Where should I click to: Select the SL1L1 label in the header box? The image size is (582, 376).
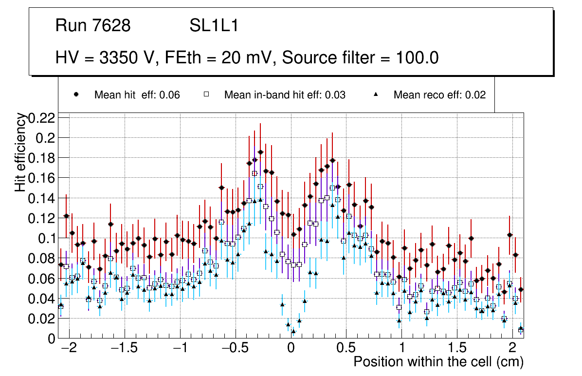(x=214, y=26)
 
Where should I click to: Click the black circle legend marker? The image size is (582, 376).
(x=76, y=94)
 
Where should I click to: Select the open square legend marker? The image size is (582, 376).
(x=206, y=94)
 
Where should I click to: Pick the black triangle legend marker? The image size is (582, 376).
(x=376, y=94)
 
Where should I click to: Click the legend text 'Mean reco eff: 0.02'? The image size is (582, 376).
(x=439, y=95)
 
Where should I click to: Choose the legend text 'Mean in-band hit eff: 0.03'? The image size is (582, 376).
(x=285, y=95)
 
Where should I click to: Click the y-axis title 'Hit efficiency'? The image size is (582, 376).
(x=21, y=152)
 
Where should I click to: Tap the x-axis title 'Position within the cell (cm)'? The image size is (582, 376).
(x=438, y=362)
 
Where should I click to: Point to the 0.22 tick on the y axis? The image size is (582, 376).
(x=42, y=118)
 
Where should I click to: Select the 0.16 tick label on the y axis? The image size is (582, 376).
(x=42, y=178)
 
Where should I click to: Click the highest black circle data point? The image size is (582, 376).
(x=260, y=152)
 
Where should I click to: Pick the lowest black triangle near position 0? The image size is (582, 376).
(x=293, y=331)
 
